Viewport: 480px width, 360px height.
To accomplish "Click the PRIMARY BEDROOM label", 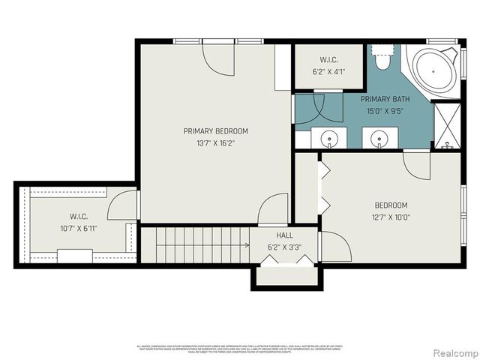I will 215,131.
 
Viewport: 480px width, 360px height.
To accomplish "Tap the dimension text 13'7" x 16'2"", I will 215,144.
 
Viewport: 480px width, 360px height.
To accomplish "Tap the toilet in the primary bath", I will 382,58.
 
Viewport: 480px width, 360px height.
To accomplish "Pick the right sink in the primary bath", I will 379,139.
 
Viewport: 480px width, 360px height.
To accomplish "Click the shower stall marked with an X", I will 448,124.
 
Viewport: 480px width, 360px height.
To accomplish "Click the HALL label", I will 284,235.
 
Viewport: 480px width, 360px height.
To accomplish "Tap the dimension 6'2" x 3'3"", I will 284,246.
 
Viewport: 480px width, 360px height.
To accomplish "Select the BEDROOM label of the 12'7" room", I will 391,205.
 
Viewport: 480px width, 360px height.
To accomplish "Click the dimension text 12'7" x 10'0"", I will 391,218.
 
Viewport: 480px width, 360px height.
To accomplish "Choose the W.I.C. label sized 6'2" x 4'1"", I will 328,60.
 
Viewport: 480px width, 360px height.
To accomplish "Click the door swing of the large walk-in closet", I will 124,205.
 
